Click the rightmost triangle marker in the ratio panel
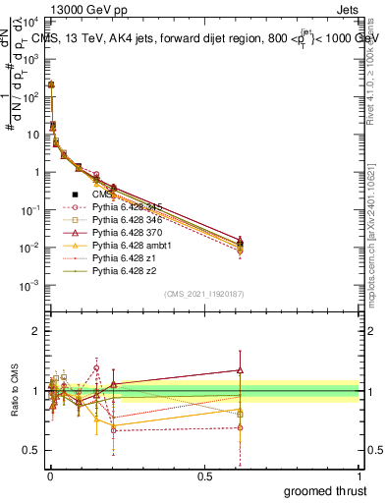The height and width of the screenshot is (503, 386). pos(240,370)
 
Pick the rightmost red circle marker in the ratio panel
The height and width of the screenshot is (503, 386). pos(240,427)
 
